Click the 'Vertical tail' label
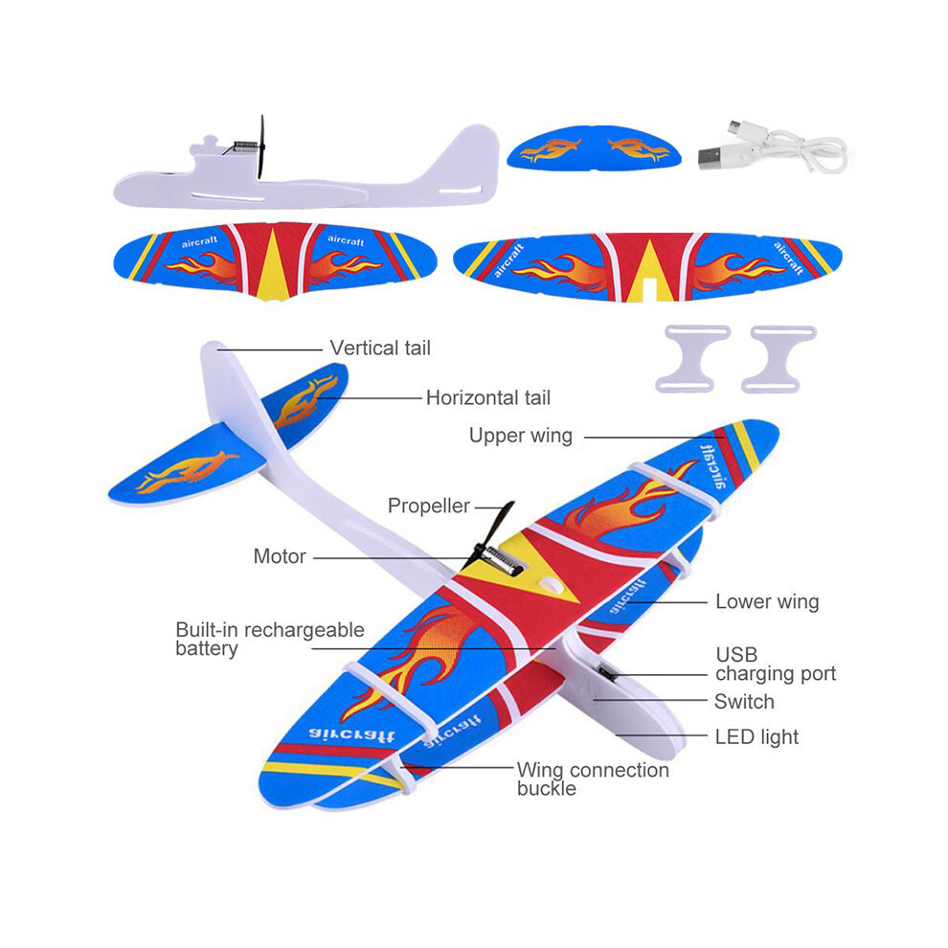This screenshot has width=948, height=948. [380, 349]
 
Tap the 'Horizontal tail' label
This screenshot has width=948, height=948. [488, 397]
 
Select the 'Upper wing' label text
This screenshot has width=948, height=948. [521, 436]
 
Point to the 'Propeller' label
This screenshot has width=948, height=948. [429, 506]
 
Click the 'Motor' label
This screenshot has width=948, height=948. [280, 556]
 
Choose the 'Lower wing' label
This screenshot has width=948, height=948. [767, 602]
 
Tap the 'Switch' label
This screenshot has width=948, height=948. [744, 702]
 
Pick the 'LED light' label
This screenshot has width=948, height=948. [756, 737]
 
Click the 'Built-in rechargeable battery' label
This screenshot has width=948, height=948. [270, 639]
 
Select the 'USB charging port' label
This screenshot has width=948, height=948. [776, 664]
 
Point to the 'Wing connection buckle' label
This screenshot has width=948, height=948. [593, 779]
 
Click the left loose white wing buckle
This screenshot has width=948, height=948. [694, 359]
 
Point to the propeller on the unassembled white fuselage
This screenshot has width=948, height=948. [261, 147]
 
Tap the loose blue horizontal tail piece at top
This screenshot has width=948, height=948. [595, 147]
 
